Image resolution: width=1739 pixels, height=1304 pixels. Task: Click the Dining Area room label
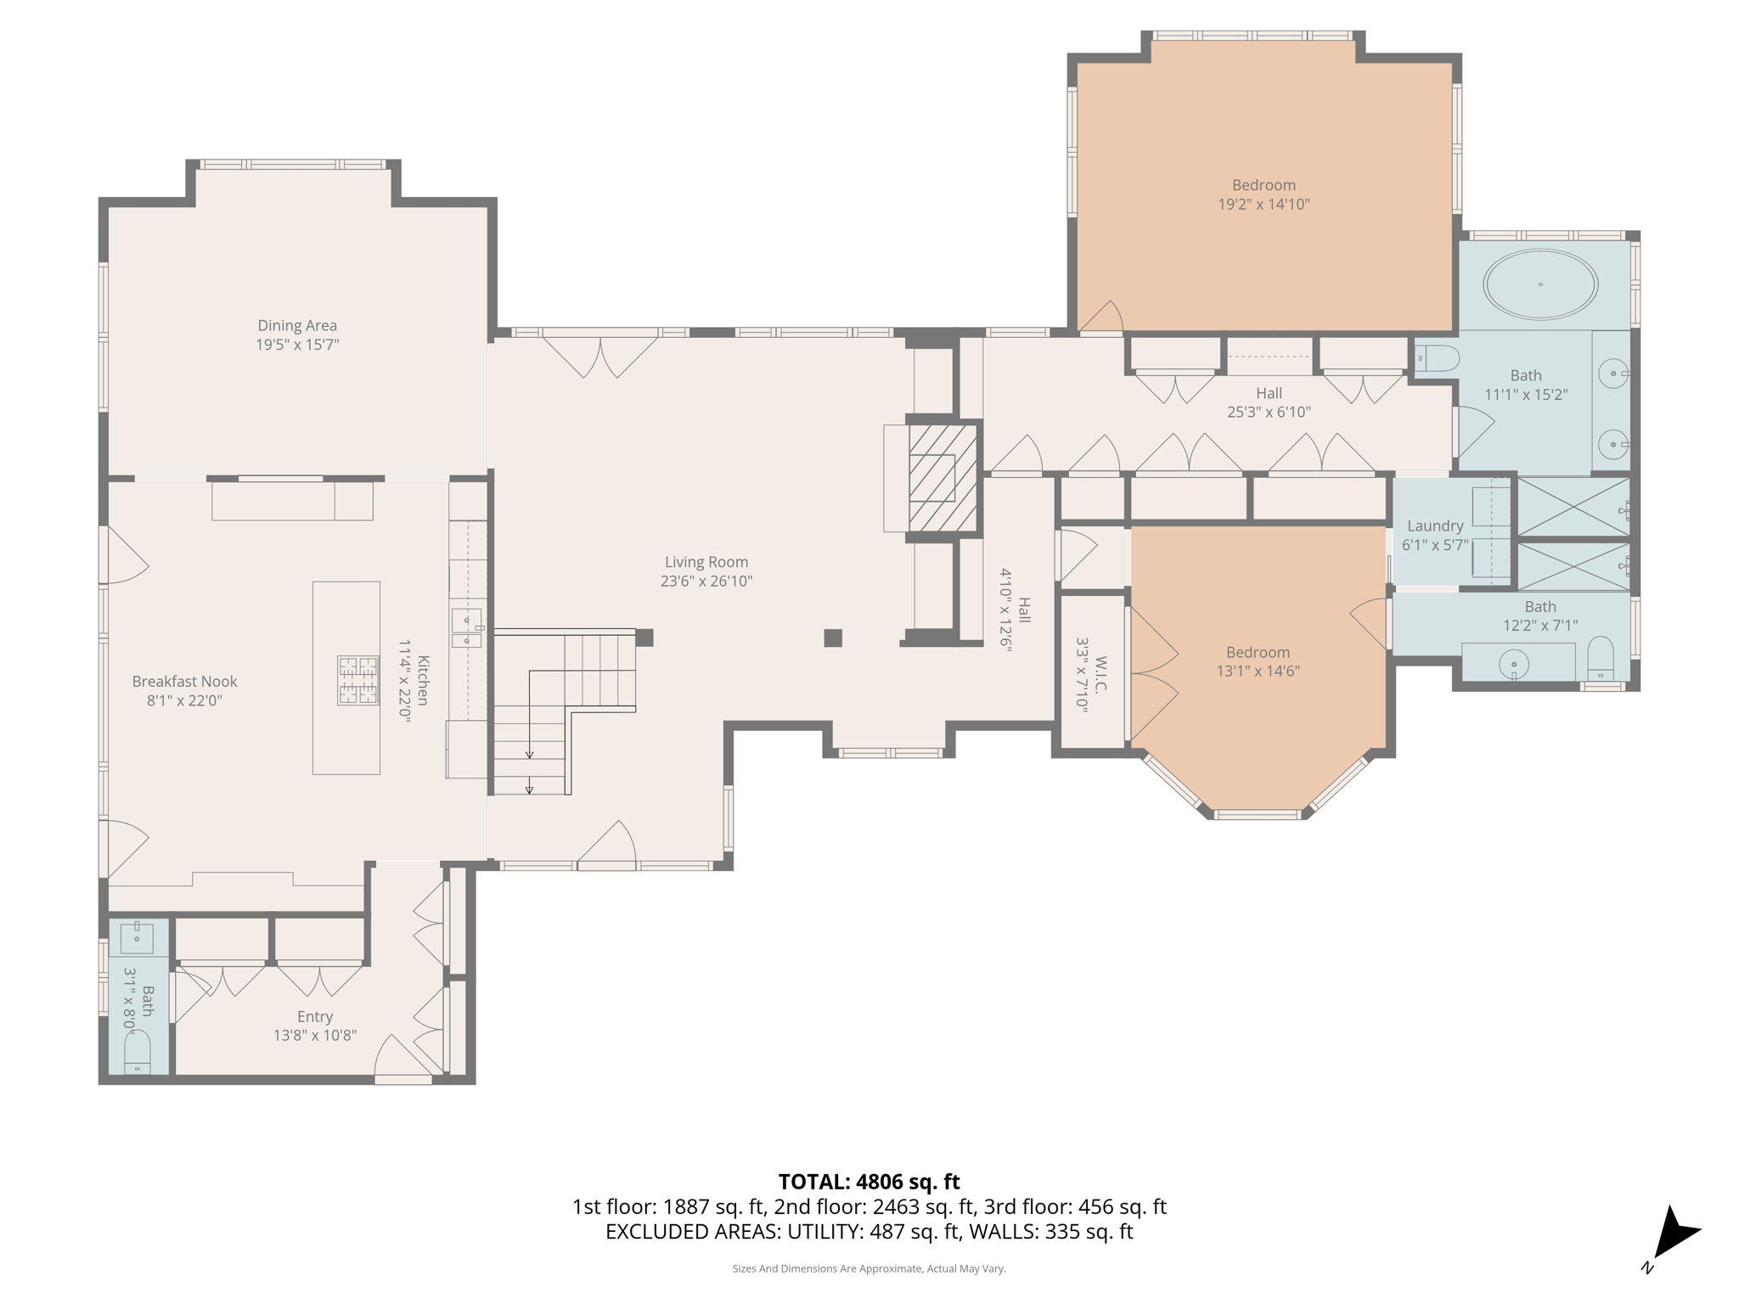click(297, 325)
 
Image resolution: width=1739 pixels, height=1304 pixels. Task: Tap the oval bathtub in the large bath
click(1540, 284)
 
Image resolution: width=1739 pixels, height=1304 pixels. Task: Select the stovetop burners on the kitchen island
click(357, 680)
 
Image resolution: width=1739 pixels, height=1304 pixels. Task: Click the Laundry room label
click(1435, 526)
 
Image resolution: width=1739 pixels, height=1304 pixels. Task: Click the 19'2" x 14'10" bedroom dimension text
click(1263, 204)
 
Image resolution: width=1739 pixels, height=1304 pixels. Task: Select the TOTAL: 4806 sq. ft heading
click(869, 1182)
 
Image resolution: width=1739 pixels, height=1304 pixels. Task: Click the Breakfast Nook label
click(184, 681)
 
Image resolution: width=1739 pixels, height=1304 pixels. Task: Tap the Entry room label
click(314, 1016)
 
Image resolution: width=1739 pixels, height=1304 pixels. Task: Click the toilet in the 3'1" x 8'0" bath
click(137, 1053)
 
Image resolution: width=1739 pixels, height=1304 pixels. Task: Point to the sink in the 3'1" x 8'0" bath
click(136, 937)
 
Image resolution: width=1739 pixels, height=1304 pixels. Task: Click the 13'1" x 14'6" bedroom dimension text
click(1258, 671)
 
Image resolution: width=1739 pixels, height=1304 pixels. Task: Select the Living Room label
click(706, 562)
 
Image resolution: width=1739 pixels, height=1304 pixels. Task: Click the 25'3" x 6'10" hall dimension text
click(1269, 412)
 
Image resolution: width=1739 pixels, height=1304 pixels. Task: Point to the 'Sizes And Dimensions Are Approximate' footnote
click(869, 1268)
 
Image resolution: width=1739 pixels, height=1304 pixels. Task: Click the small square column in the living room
click(833, 638)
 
